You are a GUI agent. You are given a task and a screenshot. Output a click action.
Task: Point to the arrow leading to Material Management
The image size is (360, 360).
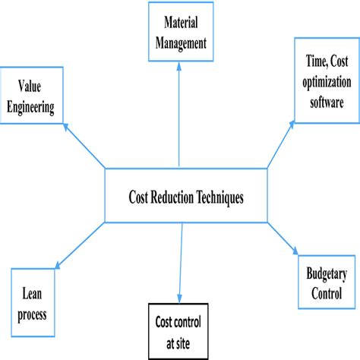[179, 114]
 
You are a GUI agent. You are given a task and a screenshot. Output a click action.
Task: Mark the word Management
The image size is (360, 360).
[179, 44]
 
